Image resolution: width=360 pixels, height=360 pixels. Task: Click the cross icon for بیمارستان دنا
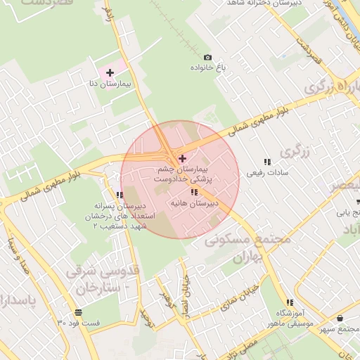[110, 72]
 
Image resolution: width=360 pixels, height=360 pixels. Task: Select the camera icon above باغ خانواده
[207, 57]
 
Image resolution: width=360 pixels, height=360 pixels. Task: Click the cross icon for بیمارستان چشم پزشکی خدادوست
[183, 158]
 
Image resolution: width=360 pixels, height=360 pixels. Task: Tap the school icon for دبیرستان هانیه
[193, 192]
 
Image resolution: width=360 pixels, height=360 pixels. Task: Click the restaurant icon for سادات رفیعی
[266, 161]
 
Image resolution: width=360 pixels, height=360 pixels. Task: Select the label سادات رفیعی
[264, 172]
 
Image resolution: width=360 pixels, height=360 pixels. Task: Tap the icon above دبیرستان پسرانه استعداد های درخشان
[120, 195]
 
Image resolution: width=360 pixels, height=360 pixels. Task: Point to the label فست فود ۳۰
[79, 323]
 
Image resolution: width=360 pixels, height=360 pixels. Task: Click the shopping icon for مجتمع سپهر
[340, 319]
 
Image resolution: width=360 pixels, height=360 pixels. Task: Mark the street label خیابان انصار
[186, 288]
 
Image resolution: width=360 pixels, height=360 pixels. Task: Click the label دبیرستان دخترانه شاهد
[266, 4]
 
